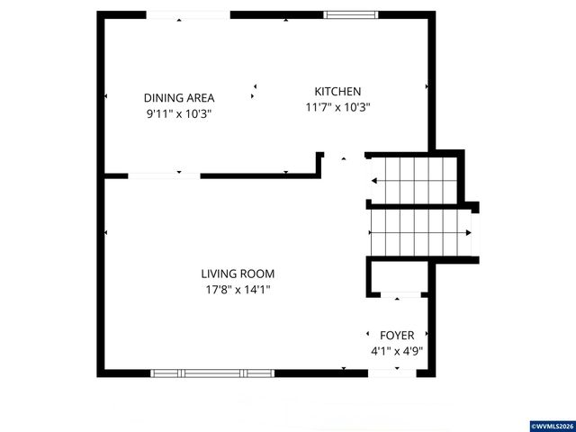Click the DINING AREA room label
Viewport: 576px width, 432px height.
pyautogui.click(x=177, y=97)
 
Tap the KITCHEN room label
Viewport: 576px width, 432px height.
pyautogui.click(x=337, y=91)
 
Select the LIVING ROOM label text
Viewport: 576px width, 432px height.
pyautogui.click(x=238, y=274)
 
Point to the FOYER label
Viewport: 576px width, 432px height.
pyautogui.click(x=397, y=335)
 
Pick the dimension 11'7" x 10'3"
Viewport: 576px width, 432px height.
pyautogui.click(x=337, y=107)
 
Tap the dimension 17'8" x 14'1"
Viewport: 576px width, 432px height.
pyautogui.click(x=238, y=290)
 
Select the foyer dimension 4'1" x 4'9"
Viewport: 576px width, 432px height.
pyautogui.click(x=397, y=351)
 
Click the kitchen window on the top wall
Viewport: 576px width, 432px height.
pyautogui.click(x=349, y=14)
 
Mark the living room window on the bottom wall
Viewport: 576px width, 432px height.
pyautogui.click(x=212, y=372)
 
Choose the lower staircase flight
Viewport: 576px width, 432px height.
pyautogui.click(x=421, y=233)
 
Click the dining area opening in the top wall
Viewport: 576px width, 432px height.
pyautogui.click(x=188, y=15)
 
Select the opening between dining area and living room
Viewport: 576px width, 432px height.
pyautogui.click(x=165, y=175)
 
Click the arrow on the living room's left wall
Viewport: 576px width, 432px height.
pyautogui.click(x=106, y=234)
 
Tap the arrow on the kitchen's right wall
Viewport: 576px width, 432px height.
pyautogui.click(x=427, y=86)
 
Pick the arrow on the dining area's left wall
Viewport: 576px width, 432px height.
pyautogui.click(x=106, y=95)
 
